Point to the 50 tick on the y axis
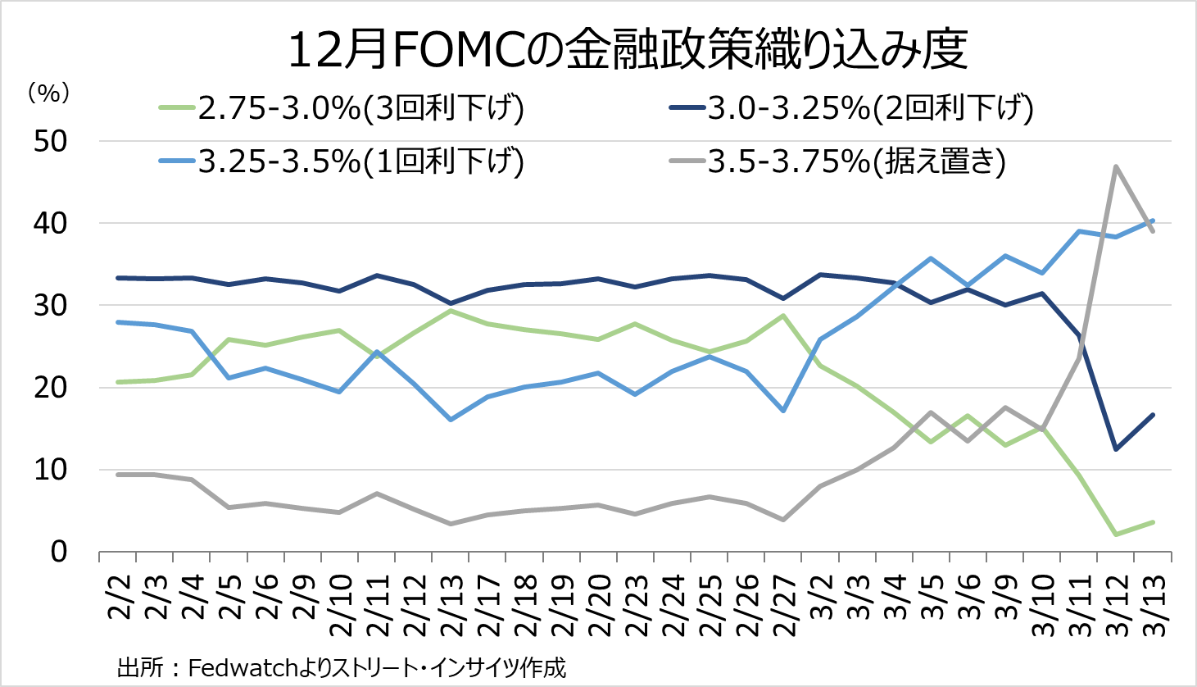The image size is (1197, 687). coord(51,142)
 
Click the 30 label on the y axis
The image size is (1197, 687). coord(51,306)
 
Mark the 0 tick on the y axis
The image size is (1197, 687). coord(58,553)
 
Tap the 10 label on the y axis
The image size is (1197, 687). coord(51,471)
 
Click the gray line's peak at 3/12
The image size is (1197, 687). coord(1116,166)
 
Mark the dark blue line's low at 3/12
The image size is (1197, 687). coord(1116,449)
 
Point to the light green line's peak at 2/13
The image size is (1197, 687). coord(451,311)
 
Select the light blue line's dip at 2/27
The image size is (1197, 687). coord(784,410)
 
